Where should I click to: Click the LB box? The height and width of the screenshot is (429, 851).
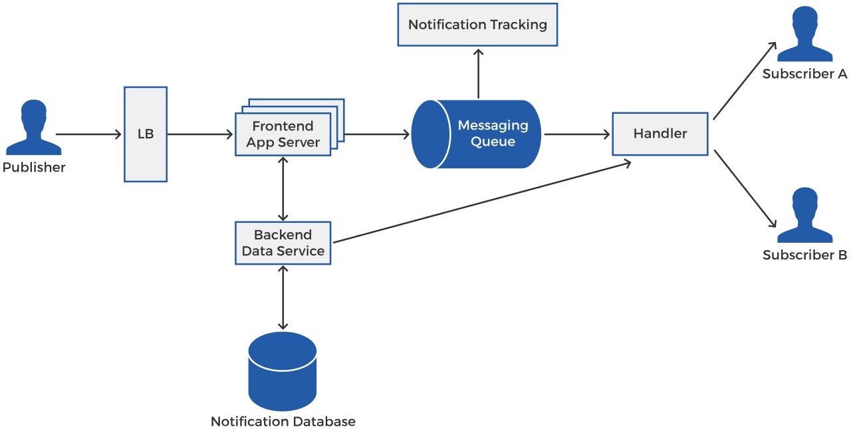145,134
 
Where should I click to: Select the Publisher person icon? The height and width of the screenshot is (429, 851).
33,128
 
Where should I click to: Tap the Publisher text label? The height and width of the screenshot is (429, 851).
34,168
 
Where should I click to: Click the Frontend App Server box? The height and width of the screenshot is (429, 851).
283,134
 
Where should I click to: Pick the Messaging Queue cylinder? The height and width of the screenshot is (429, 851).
476,134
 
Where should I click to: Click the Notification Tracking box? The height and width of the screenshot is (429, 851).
477,25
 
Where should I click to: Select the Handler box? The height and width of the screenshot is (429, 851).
660,134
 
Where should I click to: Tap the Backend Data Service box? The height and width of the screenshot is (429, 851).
283,243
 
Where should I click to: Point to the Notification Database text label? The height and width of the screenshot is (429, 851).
283,422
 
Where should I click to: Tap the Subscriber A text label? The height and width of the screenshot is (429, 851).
804,74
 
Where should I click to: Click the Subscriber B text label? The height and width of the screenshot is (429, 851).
804,255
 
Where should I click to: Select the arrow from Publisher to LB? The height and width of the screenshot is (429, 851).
89,134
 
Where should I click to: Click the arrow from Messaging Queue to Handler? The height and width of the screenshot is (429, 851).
576,134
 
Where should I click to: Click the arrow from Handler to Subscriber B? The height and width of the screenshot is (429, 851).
745,188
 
